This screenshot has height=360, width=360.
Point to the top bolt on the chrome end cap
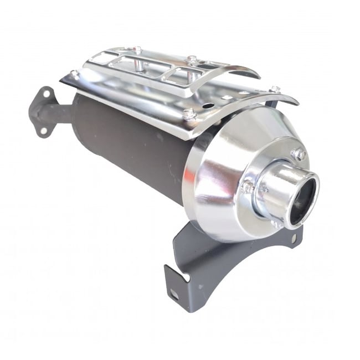[x=300, y=154]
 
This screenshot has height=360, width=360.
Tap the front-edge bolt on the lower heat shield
[x=189, y=114]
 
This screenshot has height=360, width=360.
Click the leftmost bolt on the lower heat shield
[x=74, y=73]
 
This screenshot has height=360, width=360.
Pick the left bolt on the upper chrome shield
[x=136, y=50]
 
